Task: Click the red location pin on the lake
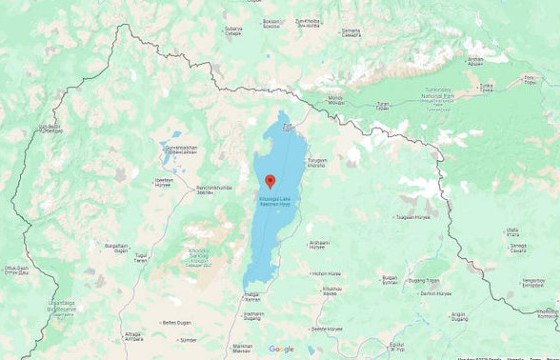pyautogui.click(x=270, y=181)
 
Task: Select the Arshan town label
pyautogui.click(x=475, y=61)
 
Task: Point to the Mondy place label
pyautogui.click(x=336, y=99)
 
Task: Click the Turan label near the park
pyautogui.click(x=383, y=105)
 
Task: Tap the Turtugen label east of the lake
pyautogui.click(x=317, y=162)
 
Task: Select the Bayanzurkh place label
pyautogui.click(x=117, y=246)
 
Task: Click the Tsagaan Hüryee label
pyautogui.click(x=412, y=217)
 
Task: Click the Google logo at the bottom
pyautogui.click(x=281, y=349)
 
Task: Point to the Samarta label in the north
pyautogui.click(x=350, y=32)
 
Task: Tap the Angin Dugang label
pyautogui.click(x=459, y=317)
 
